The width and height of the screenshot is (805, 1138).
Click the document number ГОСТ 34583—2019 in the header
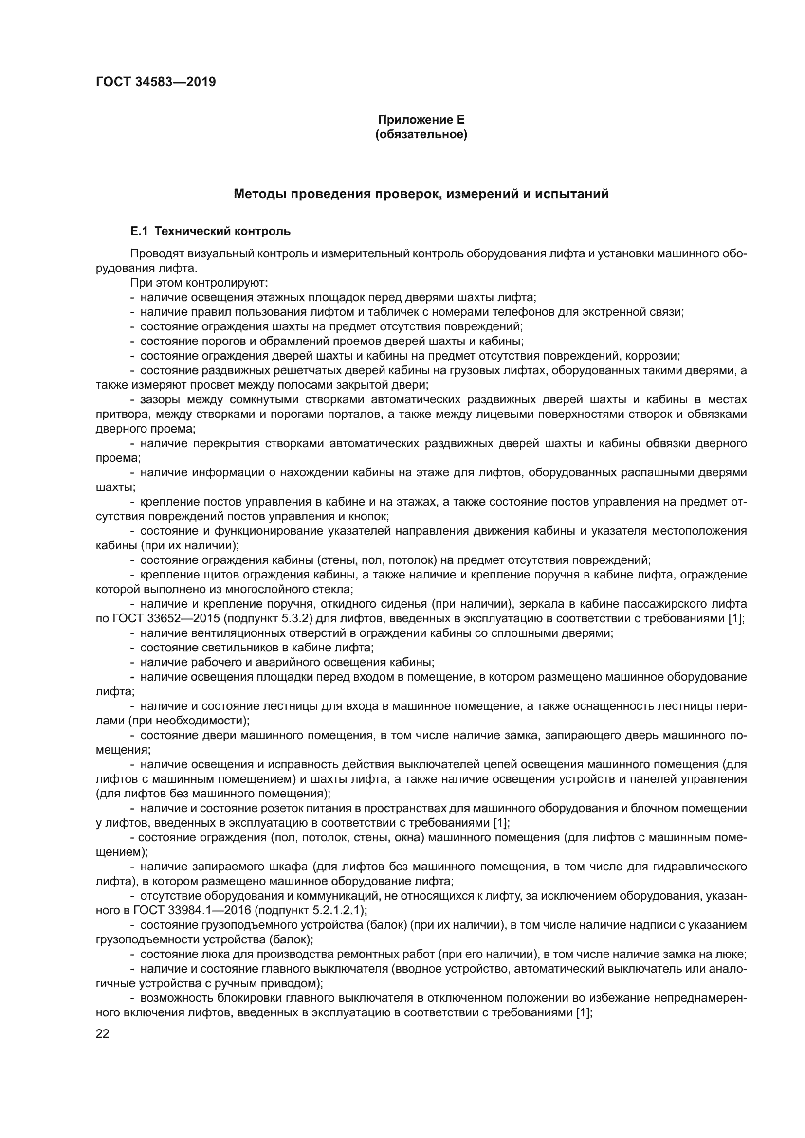coord(156,82)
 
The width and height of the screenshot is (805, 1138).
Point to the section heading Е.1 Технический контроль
coord(210,232)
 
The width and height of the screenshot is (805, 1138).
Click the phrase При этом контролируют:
coord(199,283)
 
